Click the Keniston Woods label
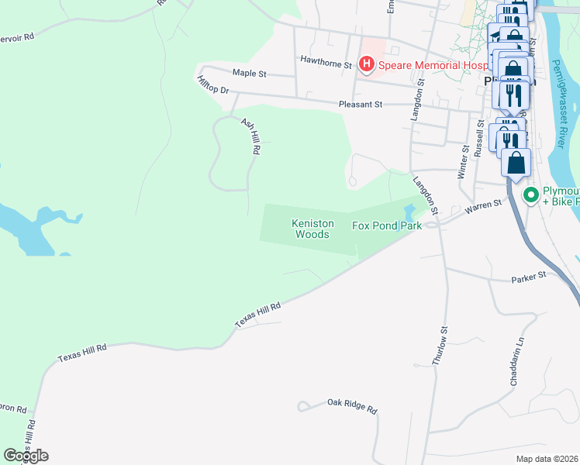312,229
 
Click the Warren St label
481,208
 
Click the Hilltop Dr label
213,86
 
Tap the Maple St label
250,73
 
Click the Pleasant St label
361,104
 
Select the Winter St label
464,160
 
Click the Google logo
26,456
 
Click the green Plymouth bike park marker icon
531,195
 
